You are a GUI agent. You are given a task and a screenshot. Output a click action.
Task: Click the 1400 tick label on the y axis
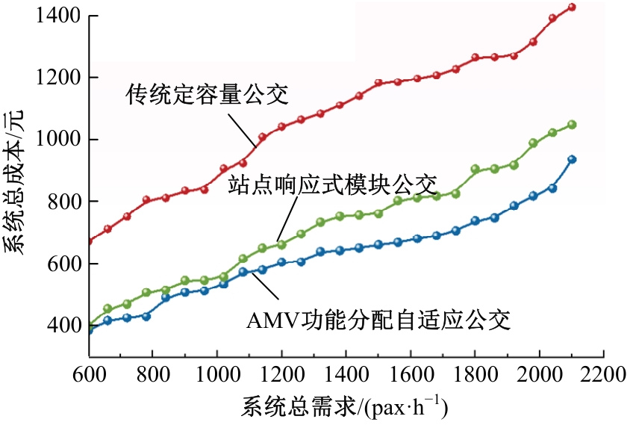(x=57, y=16)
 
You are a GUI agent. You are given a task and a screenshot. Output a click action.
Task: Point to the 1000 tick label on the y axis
(x=57, y=140)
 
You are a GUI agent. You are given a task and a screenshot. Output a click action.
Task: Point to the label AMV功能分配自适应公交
(x=378, y=321)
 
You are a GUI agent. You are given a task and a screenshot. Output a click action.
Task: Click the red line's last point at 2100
(x=572, y=7)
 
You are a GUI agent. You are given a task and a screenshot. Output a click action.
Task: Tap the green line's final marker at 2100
(x=572, y=125)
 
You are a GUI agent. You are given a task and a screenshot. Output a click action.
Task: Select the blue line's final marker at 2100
(x=572, y=159)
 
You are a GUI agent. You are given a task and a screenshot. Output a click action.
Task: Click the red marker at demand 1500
(x=378, y=83)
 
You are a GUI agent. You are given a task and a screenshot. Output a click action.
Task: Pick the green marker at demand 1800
(x=475, y=170)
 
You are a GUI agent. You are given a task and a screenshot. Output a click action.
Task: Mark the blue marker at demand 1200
(x=282, y=262)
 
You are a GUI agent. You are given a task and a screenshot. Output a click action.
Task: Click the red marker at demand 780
(x=147, y=199)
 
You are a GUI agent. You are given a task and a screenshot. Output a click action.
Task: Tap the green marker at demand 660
(x=107, y=308)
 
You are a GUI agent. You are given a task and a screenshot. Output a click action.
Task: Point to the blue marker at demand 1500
(x=378, y=244)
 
